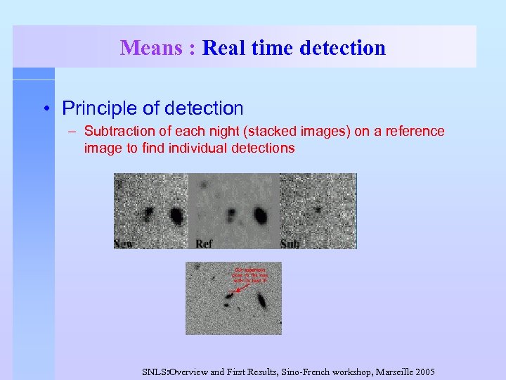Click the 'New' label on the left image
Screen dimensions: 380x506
[x=124, y=243]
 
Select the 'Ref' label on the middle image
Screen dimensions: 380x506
[x=204, y=243]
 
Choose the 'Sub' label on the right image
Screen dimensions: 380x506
[x=290, y=243]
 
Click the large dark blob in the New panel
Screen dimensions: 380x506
[x=176, y=215]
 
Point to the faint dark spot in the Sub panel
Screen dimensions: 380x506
[x=318, y=209]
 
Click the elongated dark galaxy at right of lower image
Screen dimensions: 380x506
[x=261, y=301]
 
